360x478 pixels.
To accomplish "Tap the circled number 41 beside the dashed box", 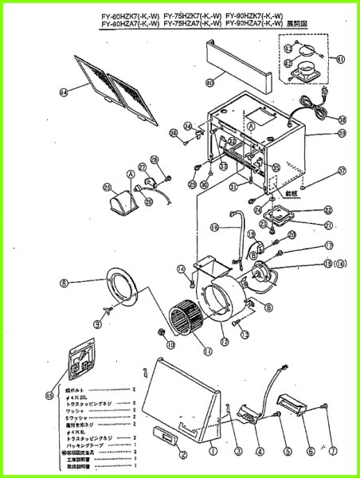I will click(340, 60).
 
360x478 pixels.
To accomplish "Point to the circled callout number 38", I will click(342, 120).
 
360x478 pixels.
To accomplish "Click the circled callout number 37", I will click(342, 170).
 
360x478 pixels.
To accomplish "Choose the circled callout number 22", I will click(327, 210).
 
